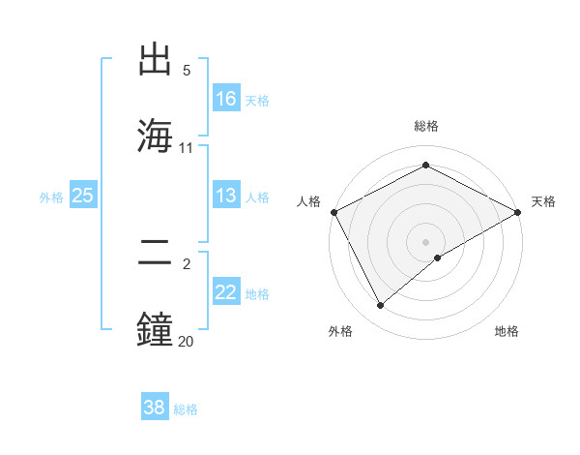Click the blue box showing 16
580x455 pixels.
point(226,98)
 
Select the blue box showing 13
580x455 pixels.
point(226,196)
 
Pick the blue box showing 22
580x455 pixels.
point(226,293)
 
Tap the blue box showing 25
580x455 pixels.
point(82,196)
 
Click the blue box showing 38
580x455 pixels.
point(155,408)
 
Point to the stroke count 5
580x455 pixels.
point(187,71)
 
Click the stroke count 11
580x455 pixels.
point(187,147)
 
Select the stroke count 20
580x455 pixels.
point(187,341)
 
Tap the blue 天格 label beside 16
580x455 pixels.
point(257,100)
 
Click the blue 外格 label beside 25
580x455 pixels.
point(51,197)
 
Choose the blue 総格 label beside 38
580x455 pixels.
point(186,409)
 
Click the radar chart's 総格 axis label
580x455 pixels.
point(426,126)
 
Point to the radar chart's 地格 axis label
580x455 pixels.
point(507,331)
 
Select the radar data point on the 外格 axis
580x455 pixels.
point(381,306)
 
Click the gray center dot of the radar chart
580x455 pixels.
point(426,241)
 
